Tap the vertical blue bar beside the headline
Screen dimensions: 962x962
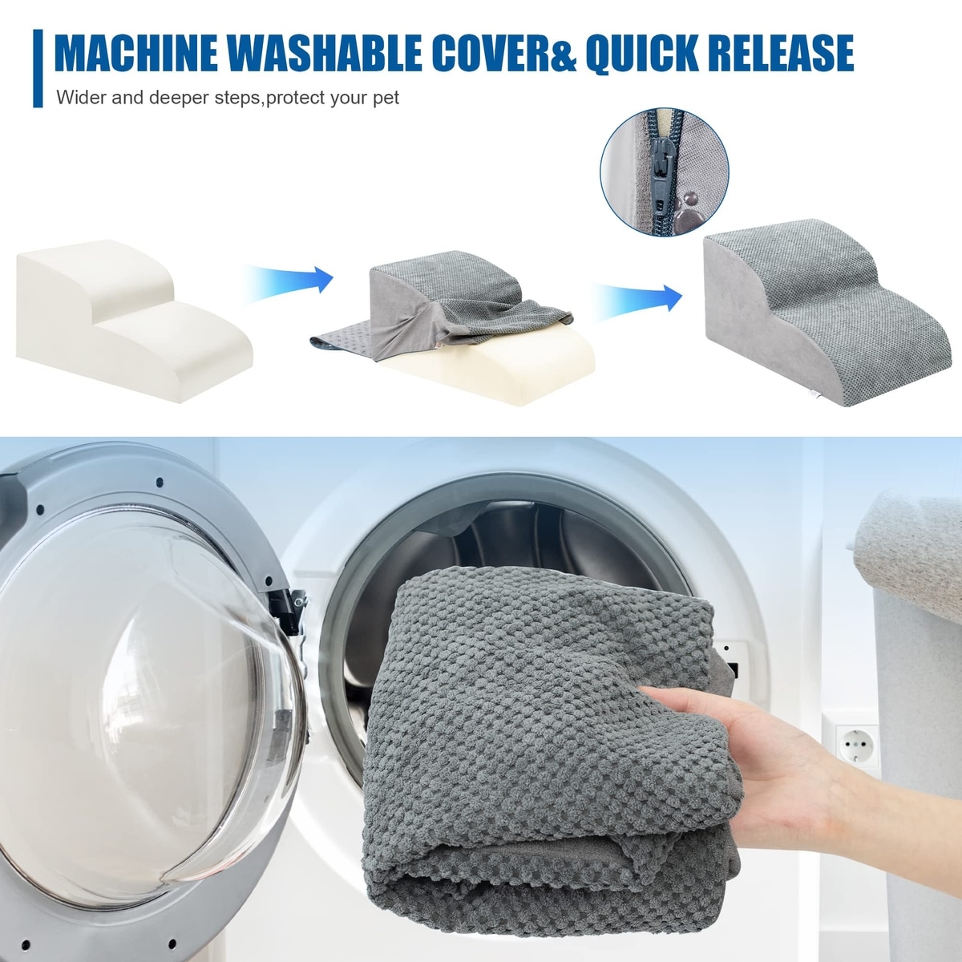tap(38, 68)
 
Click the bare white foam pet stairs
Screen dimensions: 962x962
tap(134, 320)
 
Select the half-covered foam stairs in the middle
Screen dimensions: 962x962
tap(453, 325)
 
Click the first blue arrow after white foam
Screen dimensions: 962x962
tap(289, 282)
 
